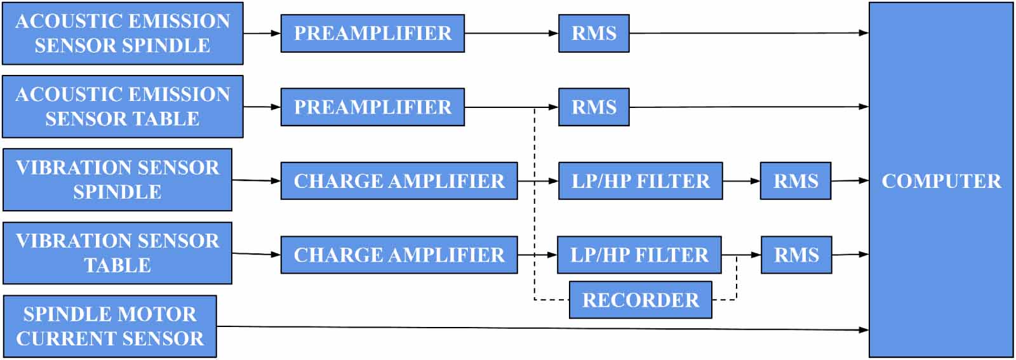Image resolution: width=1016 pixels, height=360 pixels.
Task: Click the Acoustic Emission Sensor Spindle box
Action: click(x=123, y=33)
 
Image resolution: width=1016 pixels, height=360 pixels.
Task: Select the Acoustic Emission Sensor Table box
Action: click(x=123, y=107)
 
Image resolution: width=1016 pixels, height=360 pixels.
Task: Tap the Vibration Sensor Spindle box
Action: click(x=117, y=180)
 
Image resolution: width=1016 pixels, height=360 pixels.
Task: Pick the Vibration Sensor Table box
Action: click(x=117, y=253)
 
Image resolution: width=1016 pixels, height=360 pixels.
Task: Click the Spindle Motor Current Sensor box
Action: click(x=110, y=326)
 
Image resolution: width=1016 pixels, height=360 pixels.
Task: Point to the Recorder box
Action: click(x=640, y=300)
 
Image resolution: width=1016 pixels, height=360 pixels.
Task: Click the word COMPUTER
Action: click(x=941, y=181)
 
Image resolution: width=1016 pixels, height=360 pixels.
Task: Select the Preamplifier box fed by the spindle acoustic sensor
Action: click(x=373, y=33)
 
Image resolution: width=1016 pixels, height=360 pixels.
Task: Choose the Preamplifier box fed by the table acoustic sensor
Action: click(x=373, y=107)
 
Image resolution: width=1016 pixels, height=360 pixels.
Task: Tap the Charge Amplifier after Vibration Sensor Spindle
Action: click(x=399, y=181)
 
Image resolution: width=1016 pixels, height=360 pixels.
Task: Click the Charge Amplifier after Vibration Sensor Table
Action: click(x=399, y=255)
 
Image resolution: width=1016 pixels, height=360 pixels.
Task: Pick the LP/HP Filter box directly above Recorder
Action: click(x=639, y=255)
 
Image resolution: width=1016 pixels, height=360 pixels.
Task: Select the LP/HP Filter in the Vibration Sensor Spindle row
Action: click(x=640, y=181)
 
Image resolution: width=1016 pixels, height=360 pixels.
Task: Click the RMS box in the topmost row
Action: click(x=594, y=33)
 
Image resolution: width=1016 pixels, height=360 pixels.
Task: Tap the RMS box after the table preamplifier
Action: click(x=594, y=107)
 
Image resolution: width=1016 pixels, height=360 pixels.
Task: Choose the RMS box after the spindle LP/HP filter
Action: click(x=796, y=181)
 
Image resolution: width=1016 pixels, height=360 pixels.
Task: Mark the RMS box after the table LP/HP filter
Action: click(x=796, y=255)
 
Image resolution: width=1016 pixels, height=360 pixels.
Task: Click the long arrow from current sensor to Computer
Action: click(x=540, y=328)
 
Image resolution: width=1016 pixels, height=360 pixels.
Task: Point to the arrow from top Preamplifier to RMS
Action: click(x=511, y=33)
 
